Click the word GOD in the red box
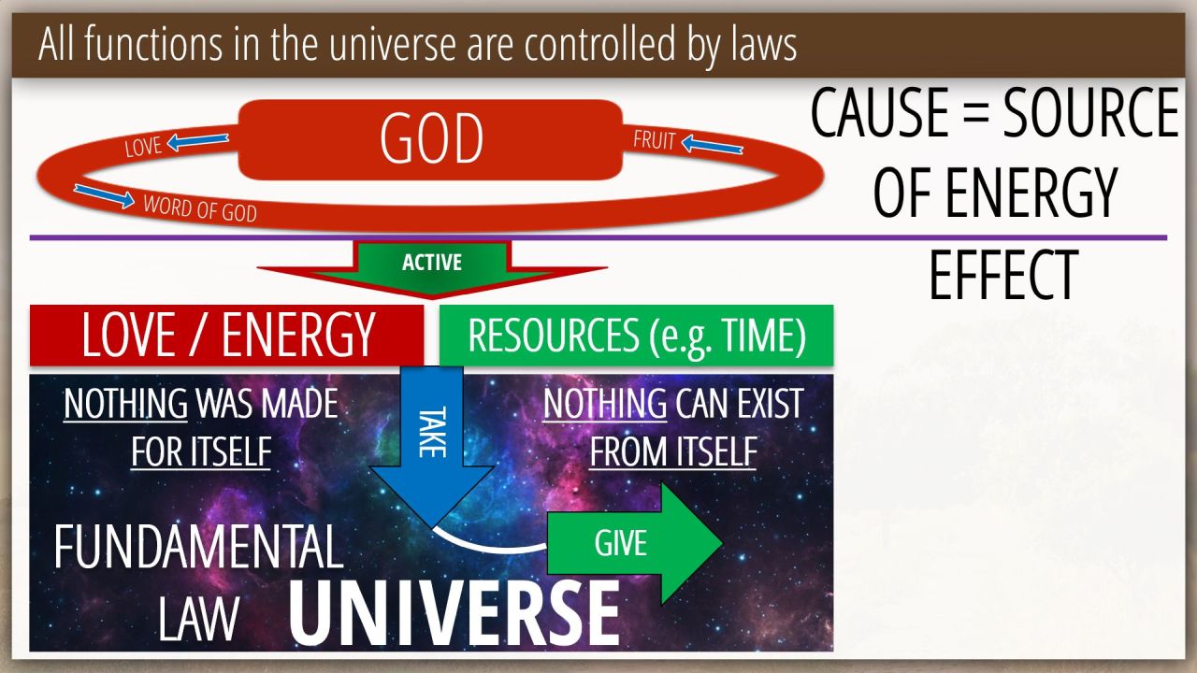[431, 139]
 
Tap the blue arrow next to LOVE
[197, 141]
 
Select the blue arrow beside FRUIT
[713, 145]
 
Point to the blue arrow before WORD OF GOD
[104, 196]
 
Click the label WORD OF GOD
[200, 208]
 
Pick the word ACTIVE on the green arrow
[432, 263]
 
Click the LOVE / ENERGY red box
[226, 336]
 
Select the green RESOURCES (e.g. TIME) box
[636, 336]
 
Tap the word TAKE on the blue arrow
[432, 433]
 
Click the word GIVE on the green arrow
[620, 543]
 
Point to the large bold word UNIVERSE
[454, 613]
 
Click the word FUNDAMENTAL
[198, 547]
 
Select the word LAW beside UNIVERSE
[198, 619]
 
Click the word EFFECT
[1003, 275]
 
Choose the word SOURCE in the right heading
[1090, 113]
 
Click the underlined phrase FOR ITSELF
[201, 451]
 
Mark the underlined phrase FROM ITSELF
[672, 451]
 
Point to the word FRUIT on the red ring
[655, 140]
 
